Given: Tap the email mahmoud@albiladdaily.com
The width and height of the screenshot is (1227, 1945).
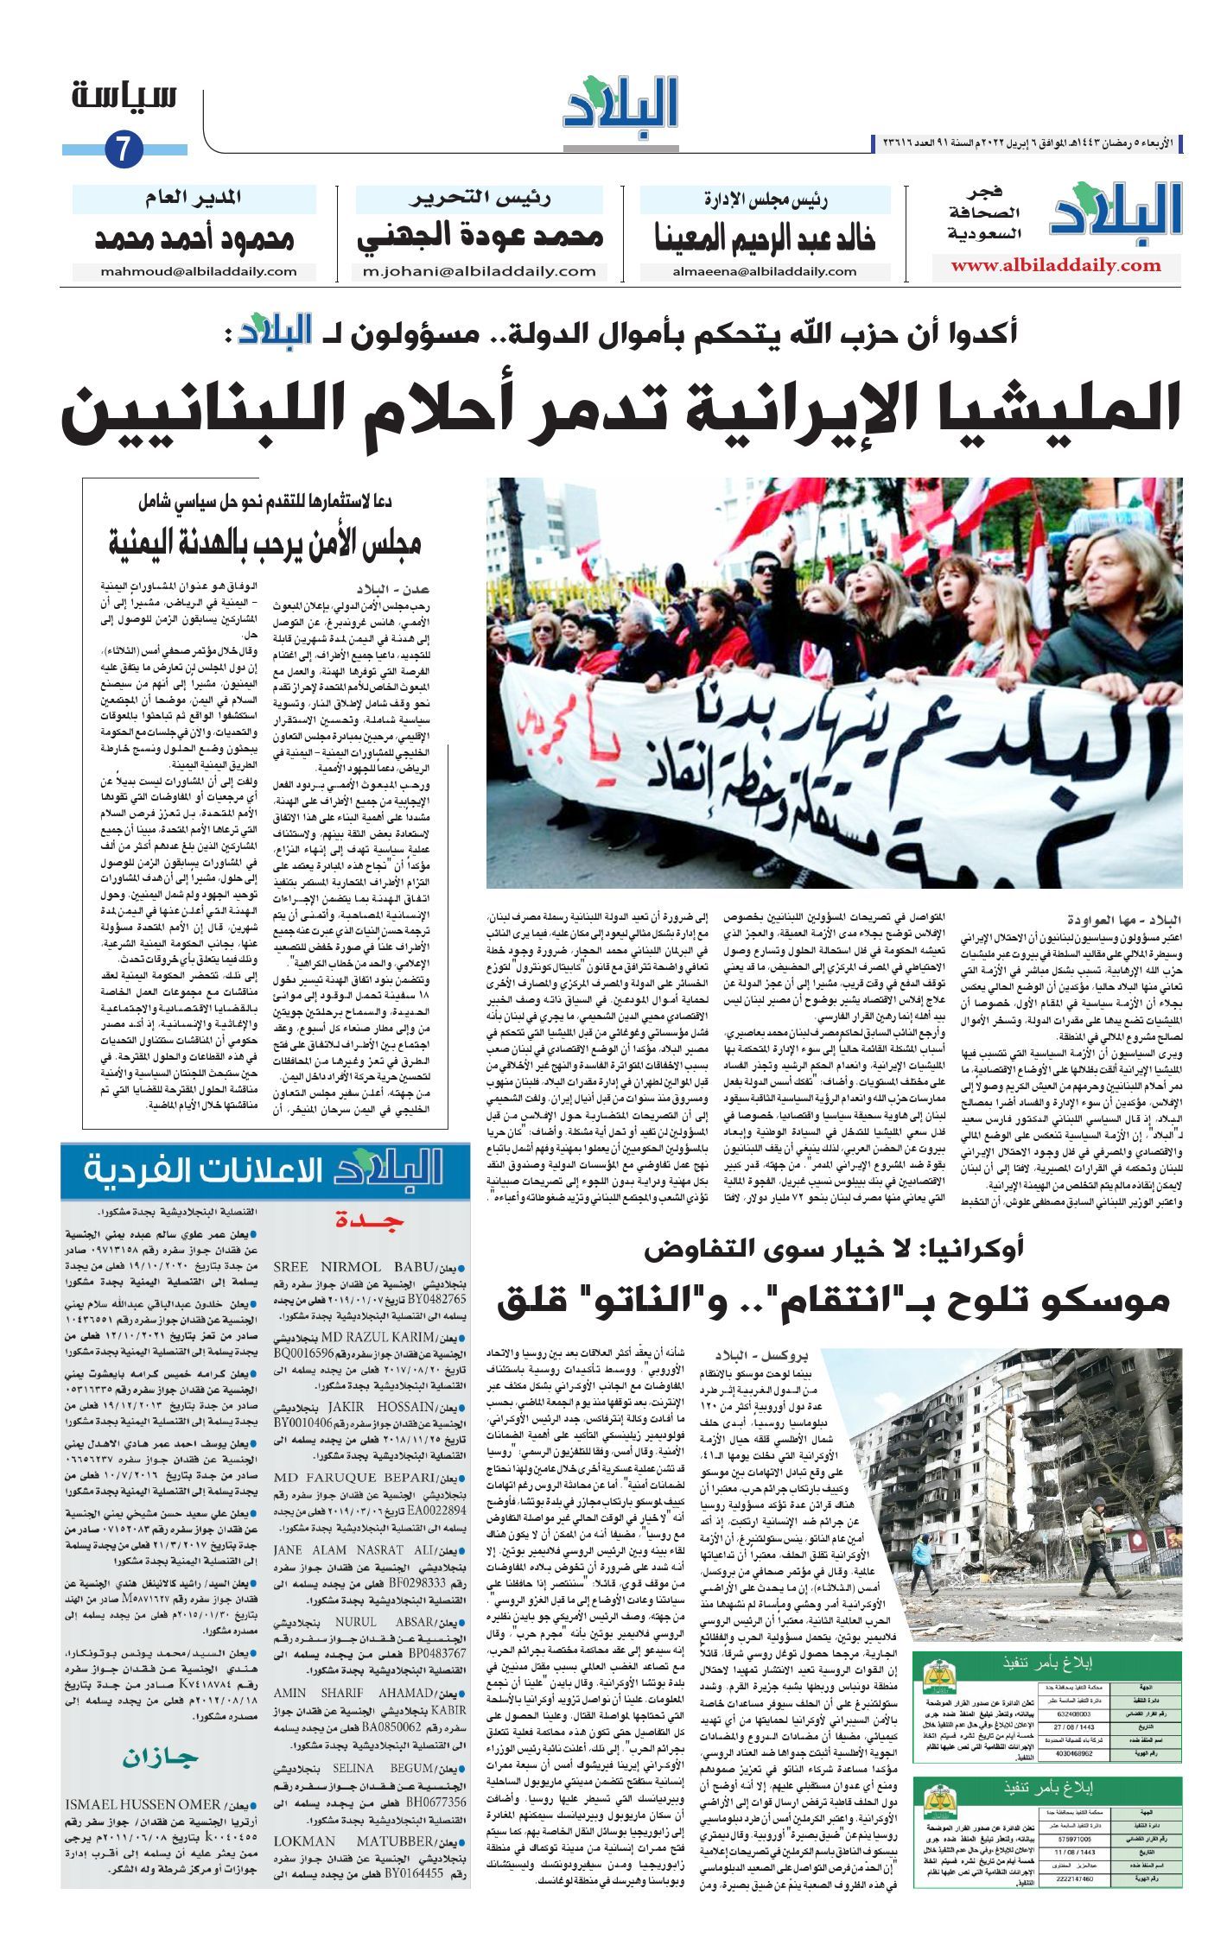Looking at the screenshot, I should (199, 271).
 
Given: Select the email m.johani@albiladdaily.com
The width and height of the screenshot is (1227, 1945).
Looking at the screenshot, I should (480, 271).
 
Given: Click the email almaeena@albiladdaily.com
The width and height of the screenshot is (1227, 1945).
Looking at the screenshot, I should (765, 271).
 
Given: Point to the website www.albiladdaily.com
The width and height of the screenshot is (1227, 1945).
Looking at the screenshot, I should (1056, 266).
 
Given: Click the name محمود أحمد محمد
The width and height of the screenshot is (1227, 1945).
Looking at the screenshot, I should (194, 238).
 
